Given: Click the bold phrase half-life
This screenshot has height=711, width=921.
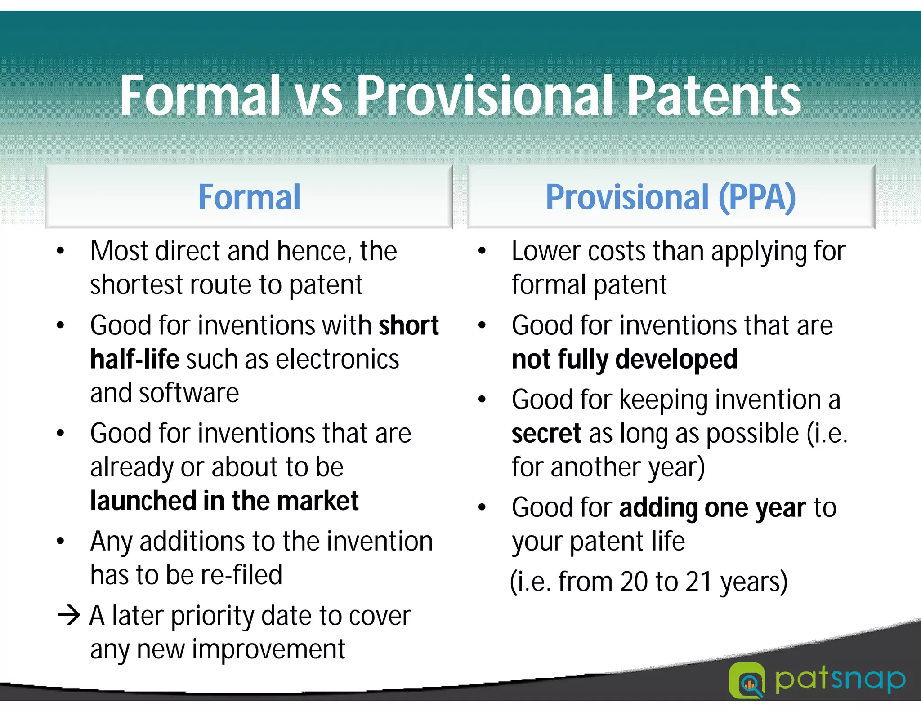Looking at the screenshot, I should [x=134, y=359].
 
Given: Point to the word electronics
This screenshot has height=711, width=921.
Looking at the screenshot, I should [x=337, y=359].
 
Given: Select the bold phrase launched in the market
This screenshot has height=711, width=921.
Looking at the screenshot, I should [x=224, y=501].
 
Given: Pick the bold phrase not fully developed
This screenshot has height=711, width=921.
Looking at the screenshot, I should [x=624, y=359].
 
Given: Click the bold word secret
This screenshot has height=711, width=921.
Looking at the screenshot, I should [x=546, y=433].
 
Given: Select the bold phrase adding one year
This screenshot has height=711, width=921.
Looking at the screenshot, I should [x=712, y=507].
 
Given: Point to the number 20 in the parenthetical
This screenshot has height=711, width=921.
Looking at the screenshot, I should [x=633, y=582].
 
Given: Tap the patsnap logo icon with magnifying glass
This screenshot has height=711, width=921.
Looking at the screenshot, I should [x=747, y=680].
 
